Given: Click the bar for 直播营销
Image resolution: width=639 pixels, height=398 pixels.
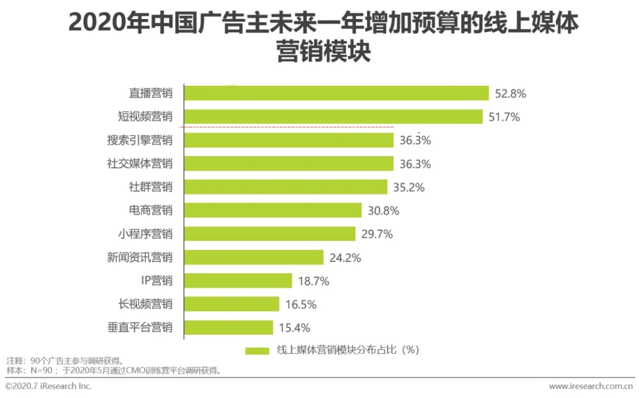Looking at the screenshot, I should click(x=337, y=93).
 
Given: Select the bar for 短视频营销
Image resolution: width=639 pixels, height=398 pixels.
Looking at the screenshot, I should click(x=333, y=117).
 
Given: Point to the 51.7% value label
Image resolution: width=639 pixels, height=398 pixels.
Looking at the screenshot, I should click(x=504, y=117).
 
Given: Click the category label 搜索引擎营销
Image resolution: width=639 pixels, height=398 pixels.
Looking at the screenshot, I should click(x=140, y=140).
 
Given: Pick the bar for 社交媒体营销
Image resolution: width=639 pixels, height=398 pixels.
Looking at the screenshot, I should click(x=289, y=163).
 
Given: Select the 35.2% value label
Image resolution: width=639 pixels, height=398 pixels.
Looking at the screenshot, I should click(x=409, y=187).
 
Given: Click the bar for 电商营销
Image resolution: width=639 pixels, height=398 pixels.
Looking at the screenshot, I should click(x=273, y=211).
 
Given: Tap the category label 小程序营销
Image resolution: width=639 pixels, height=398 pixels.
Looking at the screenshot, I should click(x=145, y=234).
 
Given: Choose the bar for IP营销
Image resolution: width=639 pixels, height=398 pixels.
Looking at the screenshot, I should click(x=238, y=280).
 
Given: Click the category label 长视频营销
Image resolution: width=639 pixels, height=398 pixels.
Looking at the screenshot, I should click(x=145, y=304).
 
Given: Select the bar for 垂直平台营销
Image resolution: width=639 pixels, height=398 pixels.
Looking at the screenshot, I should click(x=229, y=328).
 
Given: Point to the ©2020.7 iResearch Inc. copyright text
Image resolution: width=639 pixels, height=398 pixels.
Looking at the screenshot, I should click(x=49, y=386).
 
